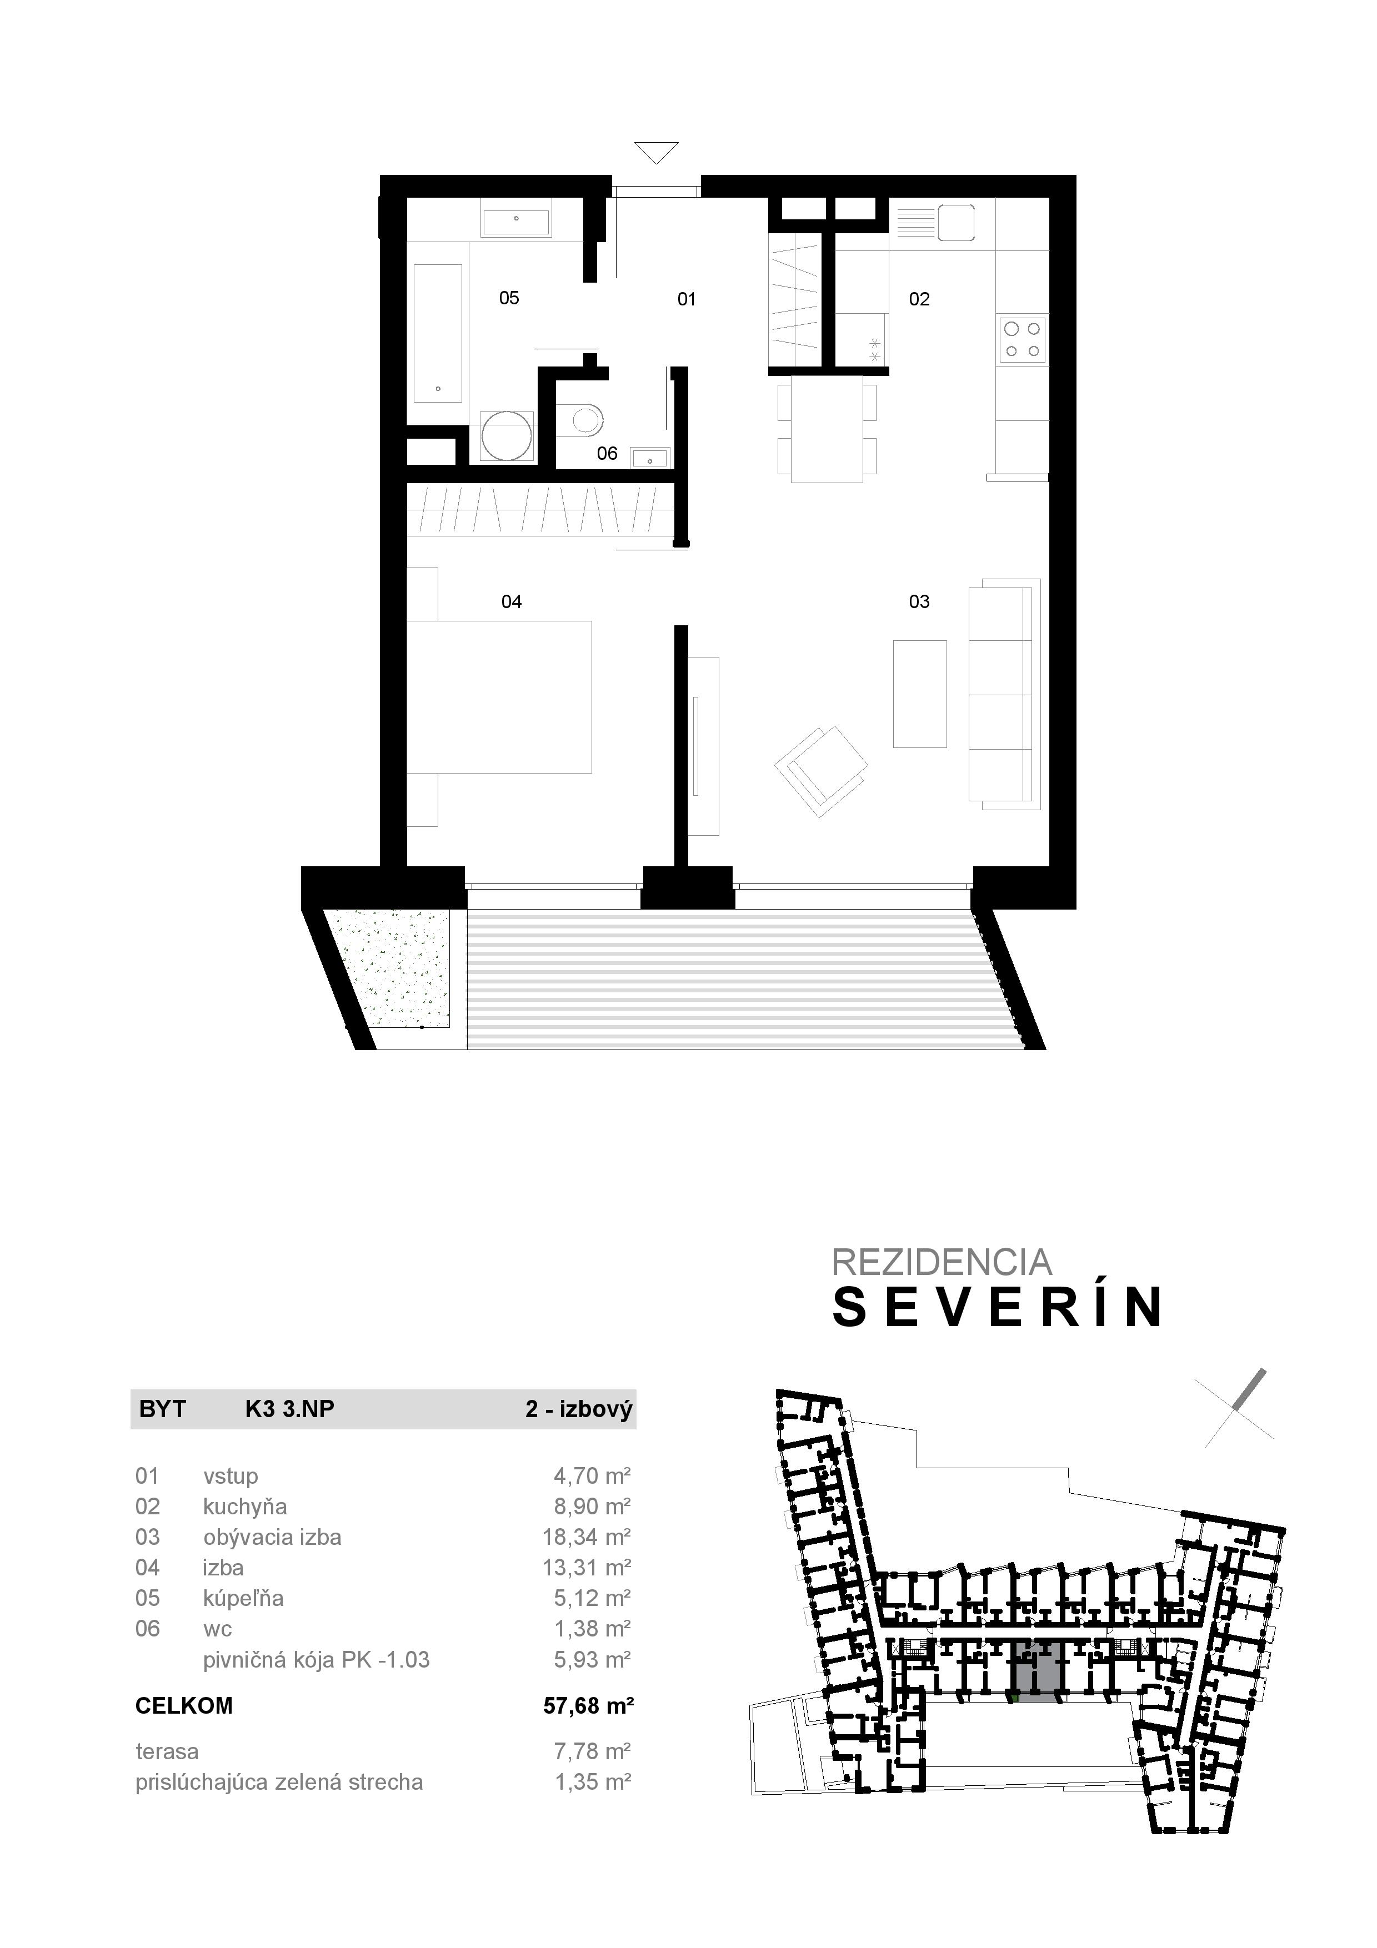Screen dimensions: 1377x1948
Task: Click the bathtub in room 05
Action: (438, 333)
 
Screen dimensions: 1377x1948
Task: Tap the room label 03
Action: (919, 601)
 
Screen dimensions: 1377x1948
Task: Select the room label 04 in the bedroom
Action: (512, 601)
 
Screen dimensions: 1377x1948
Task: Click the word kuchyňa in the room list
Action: (245, 1507)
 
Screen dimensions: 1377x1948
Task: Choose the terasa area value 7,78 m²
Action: (592, 1751)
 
